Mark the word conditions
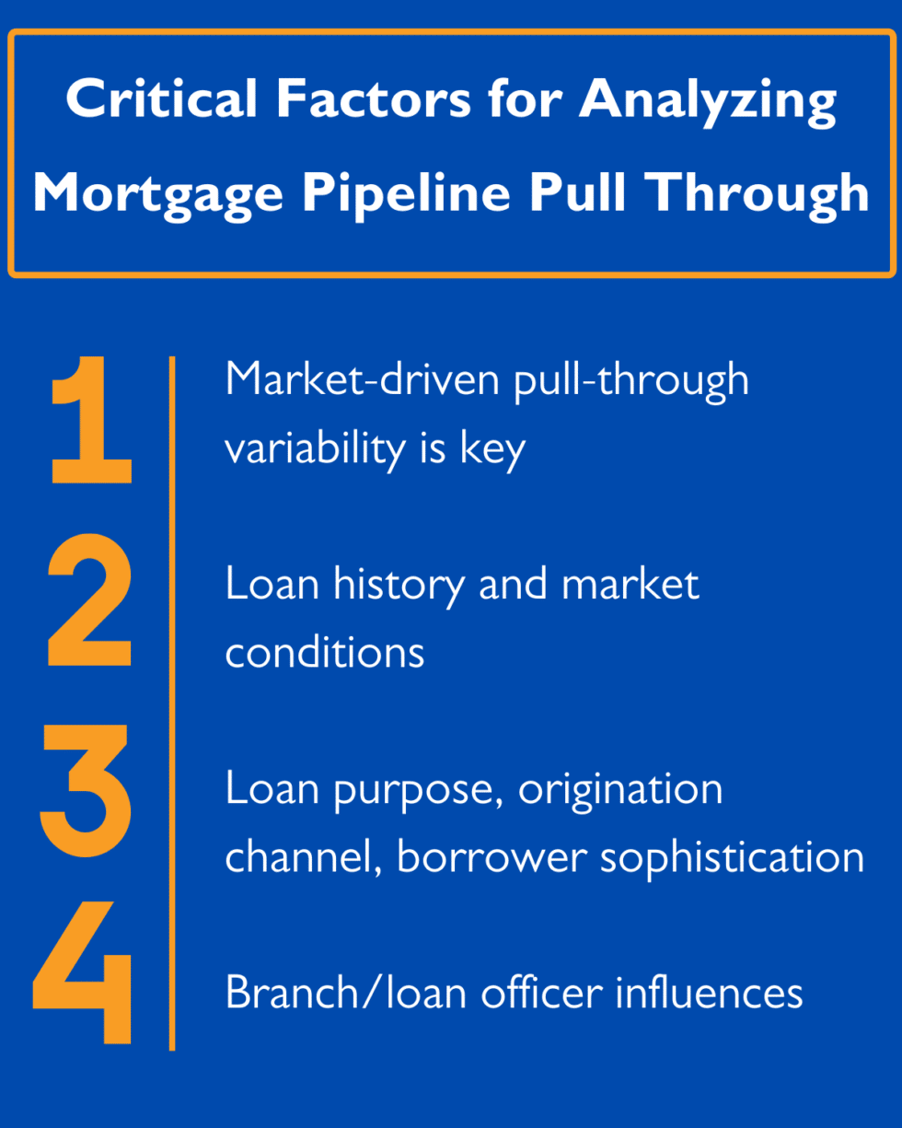click(325, 653)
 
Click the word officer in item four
click(544, 994)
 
